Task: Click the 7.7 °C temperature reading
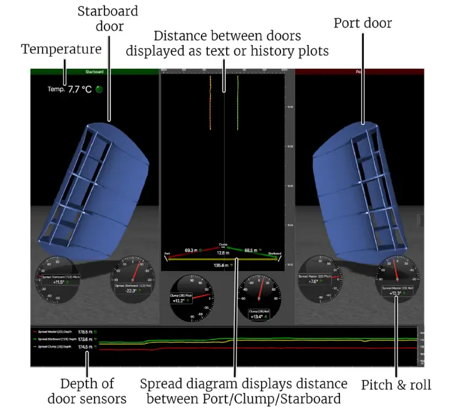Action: (x=80, y=89)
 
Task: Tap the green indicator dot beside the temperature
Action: (x=99, y=89)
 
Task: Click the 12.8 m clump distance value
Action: (x=223, y=253)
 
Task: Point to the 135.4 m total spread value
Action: (x=220, y=266)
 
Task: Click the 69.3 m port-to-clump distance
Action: (x=191, y=251)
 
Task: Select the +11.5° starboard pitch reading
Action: (x=58, y=282)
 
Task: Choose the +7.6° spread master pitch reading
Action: (x=314, y=282)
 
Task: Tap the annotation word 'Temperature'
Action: (x=61, y=48)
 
